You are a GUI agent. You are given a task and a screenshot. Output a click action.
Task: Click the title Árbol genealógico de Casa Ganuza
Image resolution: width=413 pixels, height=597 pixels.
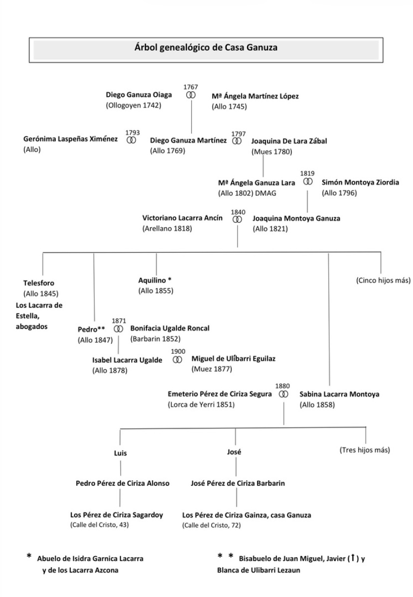coord(206,48)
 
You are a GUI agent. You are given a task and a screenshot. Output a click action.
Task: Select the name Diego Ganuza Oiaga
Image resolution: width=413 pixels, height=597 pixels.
coord(139,95)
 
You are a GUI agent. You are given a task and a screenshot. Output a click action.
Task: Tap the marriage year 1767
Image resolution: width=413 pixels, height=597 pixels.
coord(190,87)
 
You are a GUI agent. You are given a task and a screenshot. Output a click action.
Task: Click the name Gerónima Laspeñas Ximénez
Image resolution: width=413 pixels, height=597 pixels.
coord(71,140)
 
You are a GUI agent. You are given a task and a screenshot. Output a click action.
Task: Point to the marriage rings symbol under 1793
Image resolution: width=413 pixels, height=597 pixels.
coord(131,141)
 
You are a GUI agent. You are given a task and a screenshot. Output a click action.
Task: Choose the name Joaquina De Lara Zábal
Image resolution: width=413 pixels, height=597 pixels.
coord(289,141)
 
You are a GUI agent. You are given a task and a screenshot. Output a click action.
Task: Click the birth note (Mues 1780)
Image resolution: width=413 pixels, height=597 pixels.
coord(272,151)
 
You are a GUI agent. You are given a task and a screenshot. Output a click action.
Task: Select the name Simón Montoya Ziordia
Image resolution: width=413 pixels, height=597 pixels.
coord(360,182)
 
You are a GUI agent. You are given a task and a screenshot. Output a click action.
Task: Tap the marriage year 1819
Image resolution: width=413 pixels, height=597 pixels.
coord(307,173)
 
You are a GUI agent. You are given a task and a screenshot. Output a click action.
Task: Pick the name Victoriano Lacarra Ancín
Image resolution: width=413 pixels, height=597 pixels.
coord(182,218)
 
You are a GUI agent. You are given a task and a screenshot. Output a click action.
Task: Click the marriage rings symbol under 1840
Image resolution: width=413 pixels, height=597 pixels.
coord(238,219)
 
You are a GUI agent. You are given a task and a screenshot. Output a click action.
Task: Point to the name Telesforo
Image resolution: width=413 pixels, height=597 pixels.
coord(39,283)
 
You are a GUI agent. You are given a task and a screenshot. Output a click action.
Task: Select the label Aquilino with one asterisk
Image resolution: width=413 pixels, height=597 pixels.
coord(155,280)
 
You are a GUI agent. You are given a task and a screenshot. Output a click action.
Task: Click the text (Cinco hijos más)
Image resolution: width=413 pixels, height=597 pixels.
coord(383,280)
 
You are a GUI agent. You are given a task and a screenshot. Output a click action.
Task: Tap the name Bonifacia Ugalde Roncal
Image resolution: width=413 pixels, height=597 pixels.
coord(170,328)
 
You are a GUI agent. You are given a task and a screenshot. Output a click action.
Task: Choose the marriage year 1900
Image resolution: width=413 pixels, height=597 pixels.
coord(178,351)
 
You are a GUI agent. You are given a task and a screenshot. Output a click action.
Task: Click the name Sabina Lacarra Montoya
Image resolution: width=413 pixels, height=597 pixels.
coord(339,394)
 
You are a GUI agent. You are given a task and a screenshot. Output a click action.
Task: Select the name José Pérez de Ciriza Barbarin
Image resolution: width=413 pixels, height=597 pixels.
coord(238,483)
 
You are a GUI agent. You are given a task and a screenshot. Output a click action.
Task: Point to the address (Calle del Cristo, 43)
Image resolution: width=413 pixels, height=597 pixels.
coord(100,525)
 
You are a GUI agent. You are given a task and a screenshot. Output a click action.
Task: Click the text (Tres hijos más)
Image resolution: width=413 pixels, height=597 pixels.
coord(365,450)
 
